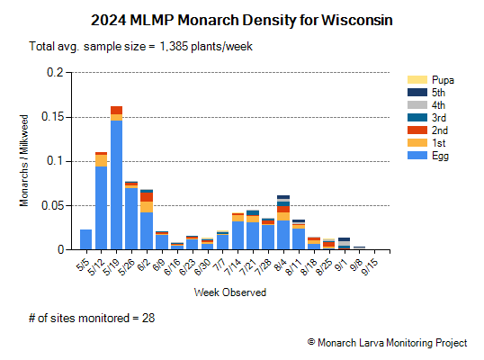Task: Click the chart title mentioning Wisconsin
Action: [242, 18]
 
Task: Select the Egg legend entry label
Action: [440, 156]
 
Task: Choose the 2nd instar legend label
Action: [440, 130]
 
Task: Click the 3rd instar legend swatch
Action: [416, 118]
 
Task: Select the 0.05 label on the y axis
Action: [56, 205]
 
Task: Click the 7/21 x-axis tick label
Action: [249, 268]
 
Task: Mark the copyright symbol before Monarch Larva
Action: [310, 343]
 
